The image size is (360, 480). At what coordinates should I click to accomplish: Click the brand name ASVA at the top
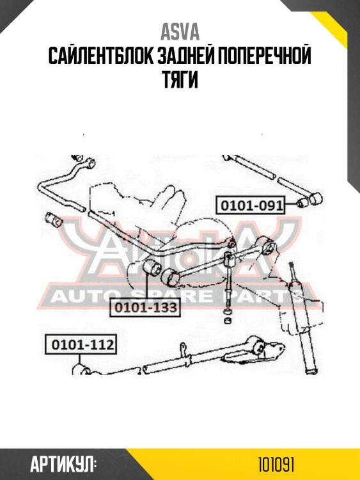tap(180, 32)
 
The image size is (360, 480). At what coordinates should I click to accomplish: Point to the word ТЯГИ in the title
tap(180, 79)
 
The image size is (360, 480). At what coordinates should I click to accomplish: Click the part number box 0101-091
tap(250, 205)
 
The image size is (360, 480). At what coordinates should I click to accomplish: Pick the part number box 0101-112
tap(81, 345)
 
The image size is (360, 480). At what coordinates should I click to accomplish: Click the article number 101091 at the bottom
tap(276, 465)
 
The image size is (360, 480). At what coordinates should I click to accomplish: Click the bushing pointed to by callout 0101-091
tap(303, 202)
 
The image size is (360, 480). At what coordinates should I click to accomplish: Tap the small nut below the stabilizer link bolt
tap(227, 321)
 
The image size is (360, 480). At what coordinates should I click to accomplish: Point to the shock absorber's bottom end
tap(311, 371)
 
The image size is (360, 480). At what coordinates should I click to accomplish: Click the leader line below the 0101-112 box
tap(80, 359)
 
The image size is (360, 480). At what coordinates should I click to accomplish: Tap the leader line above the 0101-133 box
tap(146, 287)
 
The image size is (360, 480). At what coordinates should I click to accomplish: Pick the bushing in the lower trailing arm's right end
tap(257, 347)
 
